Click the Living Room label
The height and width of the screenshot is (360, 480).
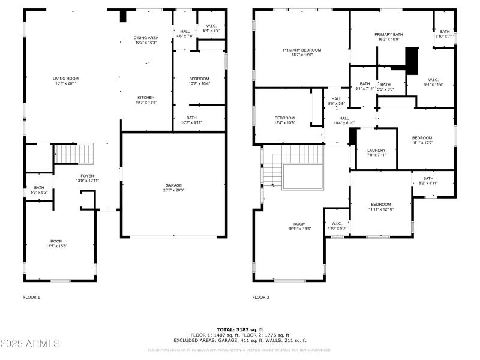point(66,79)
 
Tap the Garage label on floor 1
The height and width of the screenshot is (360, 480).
point(174,185)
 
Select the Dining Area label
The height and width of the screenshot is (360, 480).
point(145,38)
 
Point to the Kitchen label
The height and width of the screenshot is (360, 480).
point(146,97)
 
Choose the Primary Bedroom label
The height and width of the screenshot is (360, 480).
point(302,50)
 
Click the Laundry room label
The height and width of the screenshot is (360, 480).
point(376,151)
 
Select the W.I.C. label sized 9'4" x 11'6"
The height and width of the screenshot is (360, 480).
point(434,80)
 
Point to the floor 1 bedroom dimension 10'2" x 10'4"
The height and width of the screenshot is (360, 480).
point(199,83)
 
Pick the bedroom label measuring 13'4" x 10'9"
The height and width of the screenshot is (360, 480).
point(284,118)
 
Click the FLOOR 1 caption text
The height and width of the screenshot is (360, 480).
point(32,297)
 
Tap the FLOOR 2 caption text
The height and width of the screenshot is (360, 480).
point(261,297)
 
